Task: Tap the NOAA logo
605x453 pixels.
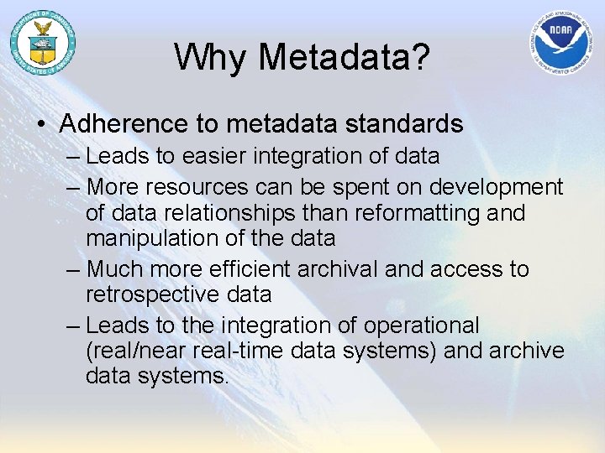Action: coord(562,43)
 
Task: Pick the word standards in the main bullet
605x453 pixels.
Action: coord(408,124)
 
